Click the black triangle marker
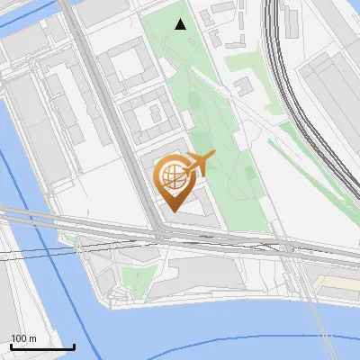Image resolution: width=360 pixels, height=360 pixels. coord(181,24)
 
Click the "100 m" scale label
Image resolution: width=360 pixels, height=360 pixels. coord(23,338)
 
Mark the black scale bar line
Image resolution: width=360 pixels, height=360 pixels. coord(42,346)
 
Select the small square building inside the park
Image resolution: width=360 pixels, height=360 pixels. coord(242,85)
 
